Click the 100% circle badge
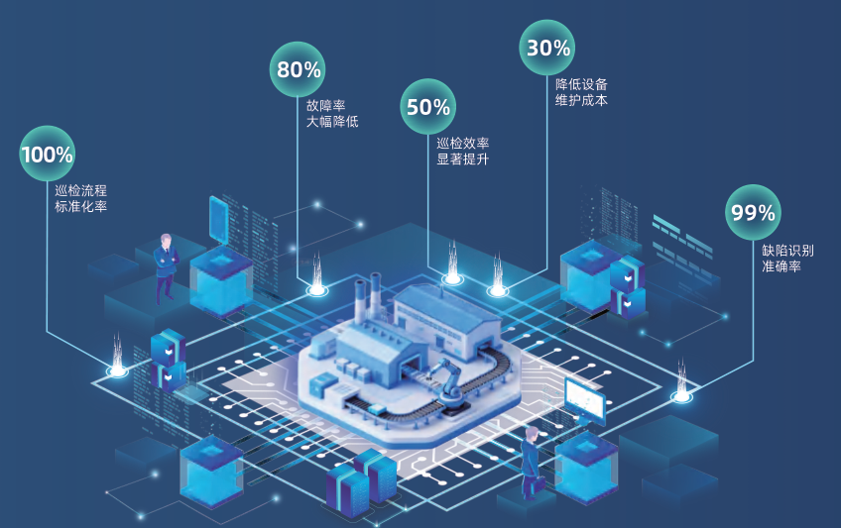tap(47, 154)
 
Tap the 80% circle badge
tap(298, 69)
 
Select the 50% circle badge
tap(427, 107)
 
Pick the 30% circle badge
tap(547, 48)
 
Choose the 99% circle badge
tap(753, 212)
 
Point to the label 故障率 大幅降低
tap(332, 114)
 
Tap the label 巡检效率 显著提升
tap(462, 151)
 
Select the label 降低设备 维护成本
tap(581, 92)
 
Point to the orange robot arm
tap(446, 381)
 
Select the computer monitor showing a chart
tap(584, 400)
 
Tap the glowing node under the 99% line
tap(681, 396)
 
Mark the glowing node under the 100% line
tap(117, 371)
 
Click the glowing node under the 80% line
tap(316, 290)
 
